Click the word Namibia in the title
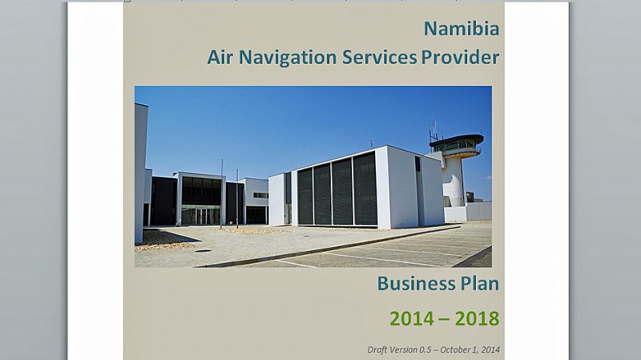462,29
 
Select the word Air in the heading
220,57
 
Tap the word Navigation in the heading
288,58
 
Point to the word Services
379,57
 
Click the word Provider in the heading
460,57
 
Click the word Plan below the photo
479,283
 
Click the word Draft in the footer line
376,350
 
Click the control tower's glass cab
457,144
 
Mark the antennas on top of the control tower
434,130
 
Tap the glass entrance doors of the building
201,216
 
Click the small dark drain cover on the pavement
203,251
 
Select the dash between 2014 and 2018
445,319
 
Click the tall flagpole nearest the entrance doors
222,194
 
